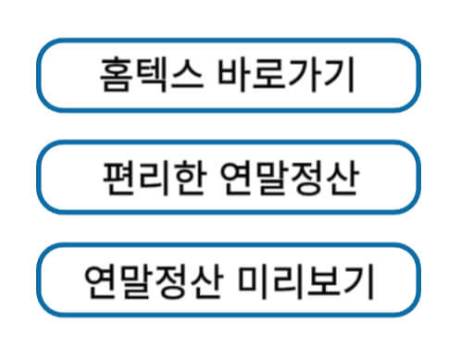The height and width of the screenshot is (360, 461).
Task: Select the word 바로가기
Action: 287,74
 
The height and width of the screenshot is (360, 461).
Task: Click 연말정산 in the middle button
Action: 291,177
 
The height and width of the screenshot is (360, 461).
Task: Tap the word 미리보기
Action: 306,279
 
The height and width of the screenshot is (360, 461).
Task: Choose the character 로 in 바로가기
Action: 268,74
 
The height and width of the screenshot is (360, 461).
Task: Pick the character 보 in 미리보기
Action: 325,279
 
